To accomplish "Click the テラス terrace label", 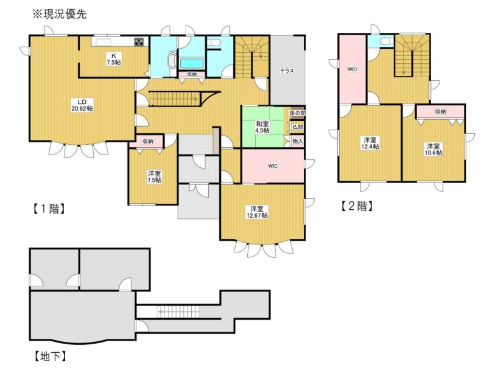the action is point(287,71).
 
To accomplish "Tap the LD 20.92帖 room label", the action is point(82,105).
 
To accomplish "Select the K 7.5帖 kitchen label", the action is point(114,59).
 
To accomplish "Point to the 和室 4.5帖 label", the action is point(262,127).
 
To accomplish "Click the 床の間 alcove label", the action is point(297,113).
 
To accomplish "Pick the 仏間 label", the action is point(298,127).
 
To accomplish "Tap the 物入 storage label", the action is point(298,142).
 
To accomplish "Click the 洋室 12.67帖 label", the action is point(257,212).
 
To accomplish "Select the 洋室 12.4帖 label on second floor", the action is point(371,143).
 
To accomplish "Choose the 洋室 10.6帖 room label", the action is point(433,149).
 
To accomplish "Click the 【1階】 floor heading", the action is point(49,209).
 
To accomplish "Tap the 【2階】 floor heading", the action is point(357,206).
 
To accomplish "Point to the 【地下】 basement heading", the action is point(50,356).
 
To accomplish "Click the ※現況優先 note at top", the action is point(60,14).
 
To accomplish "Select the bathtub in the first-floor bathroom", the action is point(192,64).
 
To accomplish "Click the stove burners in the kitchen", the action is point(139,42).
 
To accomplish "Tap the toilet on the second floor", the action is point(386,41).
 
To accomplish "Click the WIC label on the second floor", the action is point(352,69).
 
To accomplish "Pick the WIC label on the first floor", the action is point(273,166).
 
